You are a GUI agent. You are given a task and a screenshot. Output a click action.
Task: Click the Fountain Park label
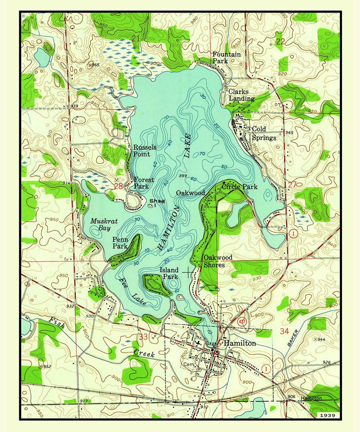(x=227, y=58)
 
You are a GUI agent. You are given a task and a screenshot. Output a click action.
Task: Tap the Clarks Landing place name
(x=241, y=95)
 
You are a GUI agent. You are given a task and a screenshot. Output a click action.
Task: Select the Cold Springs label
(x=264, y=133)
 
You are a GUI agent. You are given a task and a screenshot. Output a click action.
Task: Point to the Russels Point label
(x=144, y=151)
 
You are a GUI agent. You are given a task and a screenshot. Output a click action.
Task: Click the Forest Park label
(x=144, y=183)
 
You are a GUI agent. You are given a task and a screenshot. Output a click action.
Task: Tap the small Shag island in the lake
(x=151, y=206)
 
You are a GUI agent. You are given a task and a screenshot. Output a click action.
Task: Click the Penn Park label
(x=120, y=243)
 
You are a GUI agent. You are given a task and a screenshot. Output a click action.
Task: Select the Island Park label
(x=169, y=273)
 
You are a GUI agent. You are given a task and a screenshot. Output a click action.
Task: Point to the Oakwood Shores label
(x=218, y=261)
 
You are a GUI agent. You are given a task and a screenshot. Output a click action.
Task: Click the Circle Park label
(x=240, y=187)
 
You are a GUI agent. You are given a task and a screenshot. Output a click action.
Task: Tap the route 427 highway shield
(x=242, y=322)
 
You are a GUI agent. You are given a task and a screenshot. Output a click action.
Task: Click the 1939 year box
(x=327, y=415)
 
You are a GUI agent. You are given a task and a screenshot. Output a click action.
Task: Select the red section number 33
(x=143, y=337)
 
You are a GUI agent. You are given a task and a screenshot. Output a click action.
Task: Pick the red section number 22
(x=281, y=42)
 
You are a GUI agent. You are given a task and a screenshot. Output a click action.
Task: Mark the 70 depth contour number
(x=202, y=154)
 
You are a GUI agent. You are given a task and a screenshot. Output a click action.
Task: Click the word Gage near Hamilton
(x=211, y=344)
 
